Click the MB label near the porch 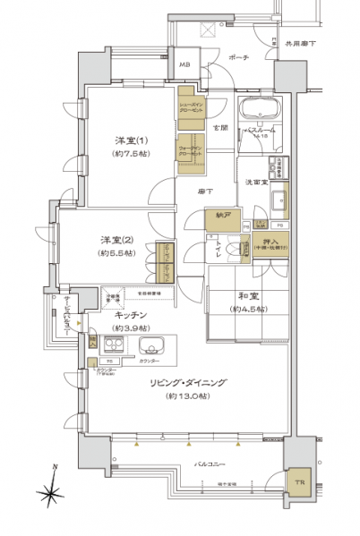[x=185, y=65]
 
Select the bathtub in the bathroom [x=260, y=114]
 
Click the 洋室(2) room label [x=112, y=239]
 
